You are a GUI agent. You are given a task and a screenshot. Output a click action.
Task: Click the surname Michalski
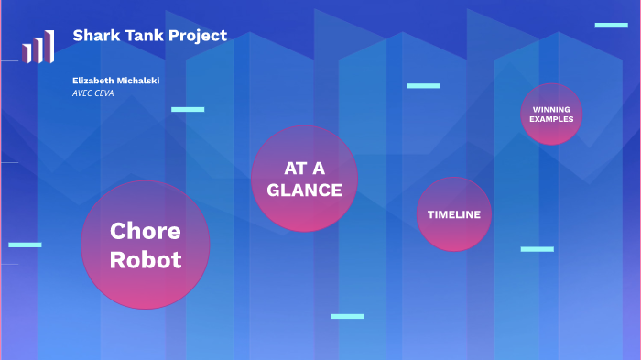[x=137, y=81]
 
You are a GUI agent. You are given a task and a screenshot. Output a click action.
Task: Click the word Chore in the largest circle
[x=146, y=231]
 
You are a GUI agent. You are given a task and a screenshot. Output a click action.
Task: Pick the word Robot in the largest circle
[x=146, y=260]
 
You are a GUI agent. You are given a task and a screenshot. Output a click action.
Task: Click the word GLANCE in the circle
[x=304, y=191]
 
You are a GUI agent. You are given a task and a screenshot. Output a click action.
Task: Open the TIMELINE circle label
[x=454, y=214]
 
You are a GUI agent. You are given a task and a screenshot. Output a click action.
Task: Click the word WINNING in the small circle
[x=551, y=110]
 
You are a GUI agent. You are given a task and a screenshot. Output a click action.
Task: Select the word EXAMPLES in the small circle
[x=551, y=120]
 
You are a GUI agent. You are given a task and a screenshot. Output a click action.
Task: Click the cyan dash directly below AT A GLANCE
[x=347, y=316]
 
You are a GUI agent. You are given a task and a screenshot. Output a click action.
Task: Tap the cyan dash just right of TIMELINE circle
[x=538, y=249]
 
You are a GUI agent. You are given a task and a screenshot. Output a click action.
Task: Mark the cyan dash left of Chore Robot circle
[x=25, y=245]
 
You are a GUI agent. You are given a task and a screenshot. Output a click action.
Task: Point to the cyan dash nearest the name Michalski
[x=188, y=109]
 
